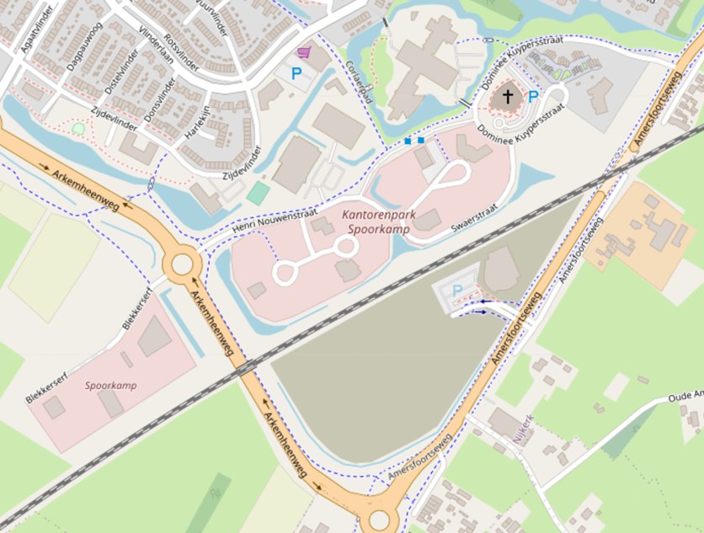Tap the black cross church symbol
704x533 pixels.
pyautogui.click(x=507, y=97)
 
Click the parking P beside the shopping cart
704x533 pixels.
pyautogui.click(x=296, y=74)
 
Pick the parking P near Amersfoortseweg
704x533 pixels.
pyautogui.click(x=457, y=290)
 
